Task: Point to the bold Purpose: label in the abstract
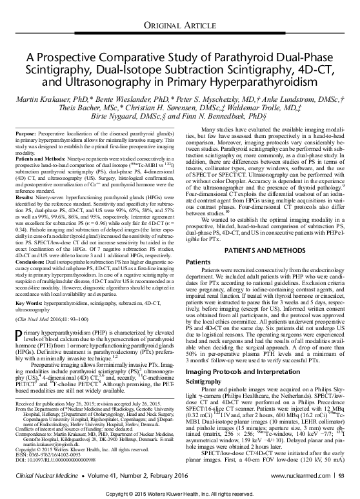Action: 25,131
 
